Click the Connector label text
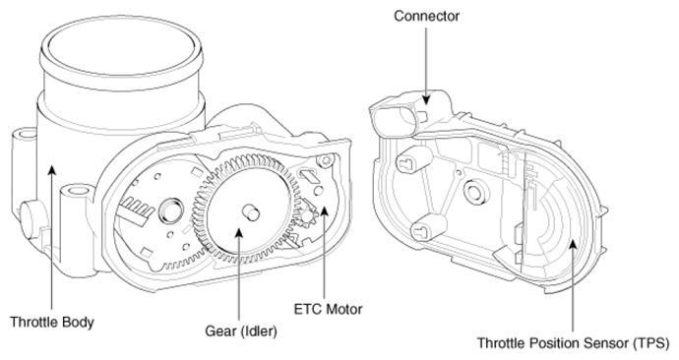click(426, 16)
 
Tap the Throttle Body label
click(51, 323)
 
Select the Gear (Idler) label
click(241, 331)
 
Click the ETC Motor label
click(328, 310)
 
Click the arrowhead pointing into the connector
click(426, 98)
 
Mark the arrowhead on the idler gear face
click(238, 233)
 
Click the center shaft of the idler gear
click(250, 212)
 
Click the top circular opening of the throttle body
click(120, 45)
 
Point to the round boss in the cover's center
click(474, 192)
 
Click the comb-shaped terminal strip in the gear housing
click(137, 209)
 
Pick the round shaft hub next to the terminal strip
click(170, 210)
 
